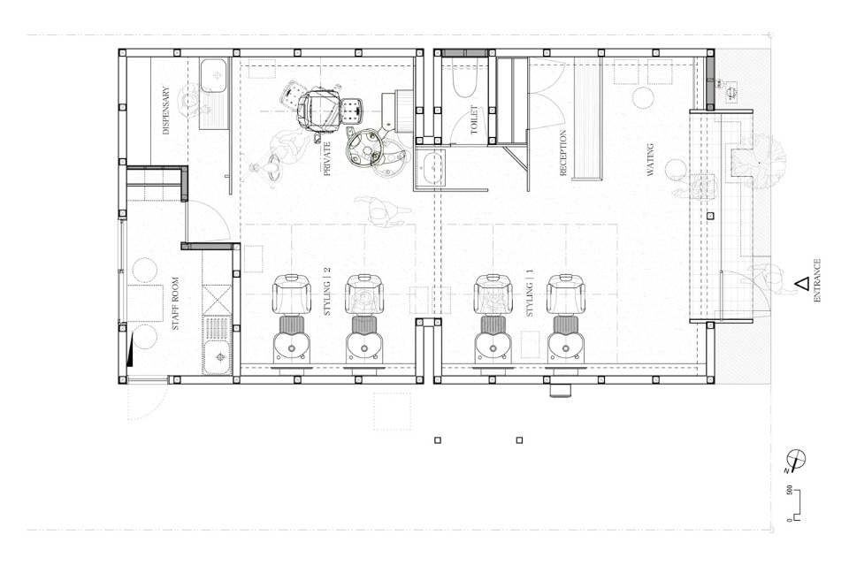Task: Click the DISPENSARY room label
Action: click(x=166, y=111)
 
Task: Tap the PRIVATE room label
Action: click(x=326, y=158)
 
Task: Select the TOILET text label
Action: click(x=474, y=120)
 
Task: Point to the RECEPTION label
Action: click(x=562, y=153)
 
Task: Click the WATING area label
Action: click(x=650, y=160)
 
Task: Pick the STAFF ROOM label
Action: click(x=175, y=303)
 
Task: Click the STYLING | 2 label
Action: click(x=326, y=292)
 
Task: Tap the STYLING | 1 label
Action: click(x=530, y=293)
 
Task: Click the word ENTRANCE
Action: click(x=817, y=280)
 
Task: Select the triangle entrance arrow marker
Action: click(x=802, y=283)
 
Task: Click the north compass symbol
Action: click(x=797, y=460)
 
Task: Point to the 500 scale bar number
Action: click(x=790, y=491)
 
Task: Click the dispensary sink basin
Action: click(x=213, y=76)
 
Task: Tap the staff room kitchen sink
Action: click(x=218, y=357)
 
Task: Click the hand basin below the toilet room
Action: click(x=431, y=168)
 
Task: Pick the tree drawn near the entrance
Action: click(x=761, y=161)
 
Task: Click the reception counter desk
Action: click(x=587, y=119)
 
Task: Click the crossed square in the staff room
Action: click(x=218, y=299)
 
